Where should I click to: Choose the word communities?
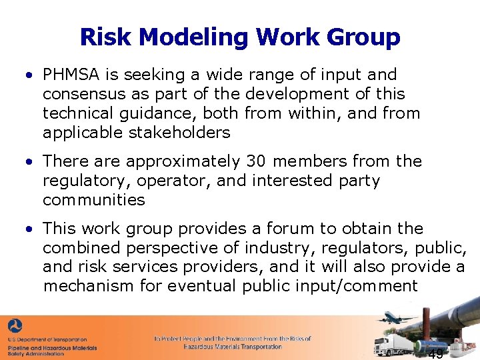pyautogui.click(x=93, y=200)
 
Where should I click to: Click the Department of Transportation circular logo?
pyautogui.click(x=15, y=327)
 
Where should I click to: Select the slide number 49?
pyautogui.click(x=436, y=353)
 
